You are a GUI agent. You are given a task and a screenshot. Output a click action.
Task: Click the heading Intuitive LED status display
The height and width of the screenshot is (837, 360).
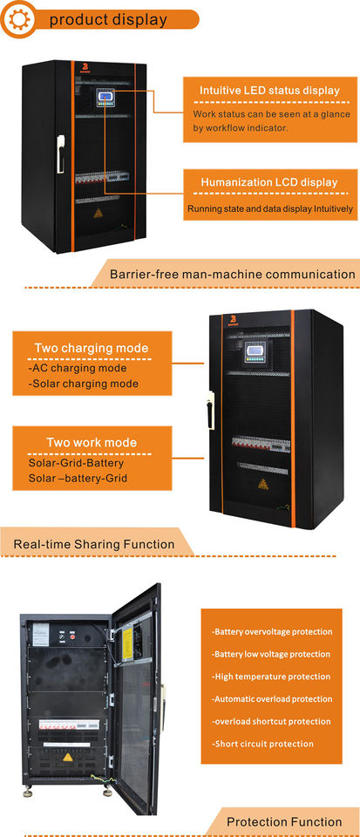point(270,90)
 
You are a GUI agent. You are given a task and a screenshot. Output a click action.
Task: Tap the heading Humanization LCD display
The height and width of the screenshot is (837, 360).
point(269,182)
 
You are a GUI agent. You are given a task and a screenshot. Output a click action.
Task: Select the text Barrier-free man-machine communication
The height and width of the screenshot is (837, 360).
point(232,275)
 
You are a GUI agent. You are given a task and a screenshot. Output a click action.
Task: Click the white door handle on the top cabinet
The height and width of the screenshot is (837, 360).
point(61,153)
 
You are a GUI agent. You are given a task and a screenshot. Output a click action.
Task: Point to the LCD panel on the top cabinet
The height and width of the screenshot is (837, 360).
point(105,98)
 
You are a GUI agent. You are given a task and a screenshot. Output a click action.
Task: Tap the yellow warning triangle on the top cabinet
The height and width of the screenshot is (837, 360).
point(98,213)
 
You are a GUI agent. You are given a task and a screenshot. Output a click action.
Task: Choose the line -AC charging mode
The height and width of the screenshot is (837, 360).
point(78,368)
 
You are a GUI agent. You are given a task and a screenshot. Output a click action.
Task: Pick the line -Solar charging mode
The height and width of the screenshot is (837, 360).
point(83,384)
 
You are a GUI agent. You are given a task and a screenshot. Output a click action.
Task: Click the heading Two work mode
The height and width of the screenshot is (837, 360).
point(92,443)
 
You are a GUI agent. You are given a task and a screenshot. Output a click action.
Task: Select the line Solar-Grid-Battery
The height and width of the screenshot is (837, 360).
point(76,463)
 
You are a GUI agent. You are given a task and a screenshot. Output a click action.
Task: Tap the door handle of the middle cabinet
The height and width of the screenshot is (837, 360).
point(211,411)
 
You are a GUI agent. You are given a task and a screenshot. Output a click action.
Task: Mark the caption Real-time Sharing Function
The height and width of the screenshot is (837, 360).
point(94,544)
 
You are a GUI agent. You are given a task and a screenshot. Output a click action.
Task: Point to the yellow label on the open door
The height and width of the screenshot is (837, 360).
point(128,643)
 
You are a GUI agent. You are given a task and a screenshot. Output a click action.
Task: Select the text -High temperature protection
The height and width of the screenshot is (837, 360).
point(272,677)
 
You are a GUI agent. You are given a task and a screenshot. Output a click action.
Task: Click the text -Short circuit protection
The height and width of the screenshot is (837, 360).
point(263,744)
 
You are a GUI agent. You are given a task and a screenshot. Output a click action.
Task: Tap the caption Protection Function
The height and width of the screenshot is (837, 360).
point(284,821)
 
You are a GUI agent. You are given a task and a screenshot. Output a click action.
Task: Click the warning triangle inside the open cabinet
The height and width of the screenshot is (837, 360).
point(68,757)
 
